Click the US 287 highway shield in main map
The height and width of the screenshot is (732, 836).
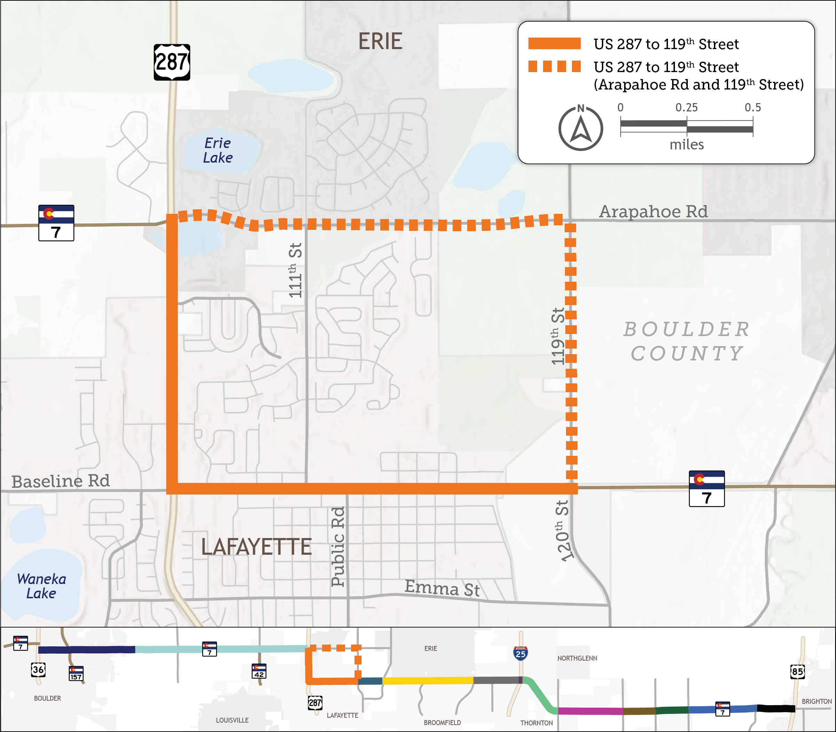point(172,62)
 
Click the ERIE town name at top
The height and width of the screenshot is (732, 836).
point(380,41)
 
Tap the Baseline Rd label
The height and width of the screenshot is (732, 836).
point(61,481)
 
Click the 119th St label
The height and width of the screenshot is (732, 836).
point(557,336)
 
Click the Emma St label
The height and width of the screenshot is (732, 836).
point(442,588)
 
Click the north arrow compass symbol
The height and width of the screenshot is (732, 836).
point(580,128)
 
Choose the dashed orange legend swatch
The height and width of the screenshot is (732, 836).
point(554,67)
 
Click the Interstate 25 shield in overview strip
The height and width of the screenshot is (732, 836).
point(520,654)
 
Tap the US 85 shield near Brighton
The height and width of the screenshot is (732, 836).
point(797,671)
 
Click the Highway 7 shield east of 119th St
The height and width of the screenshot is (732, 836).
point(707,489)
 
